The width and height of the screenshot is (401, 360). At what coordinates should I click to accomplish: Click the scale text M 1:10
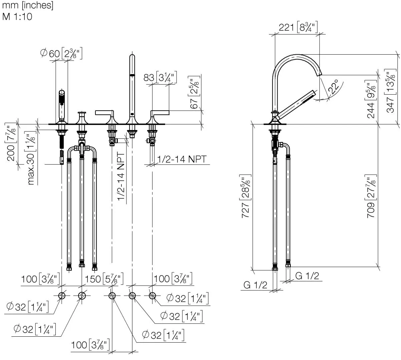pos(17,17)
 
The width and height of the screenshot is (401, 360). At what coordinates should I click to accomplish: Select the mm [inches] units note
pos(28,5)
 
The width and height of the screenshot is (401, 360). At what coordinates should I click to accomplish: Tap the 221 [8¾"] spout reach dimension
pos(298,27)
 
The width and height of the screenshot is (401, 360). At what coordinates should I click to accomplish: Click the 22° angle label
pos(334,86)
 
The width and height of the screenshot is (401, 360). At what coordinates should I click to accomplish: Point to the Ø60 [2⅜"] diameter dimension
pos(61,53)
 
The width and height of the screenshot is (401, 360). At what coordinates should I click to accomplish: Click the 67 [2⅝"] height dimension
pos(194,92)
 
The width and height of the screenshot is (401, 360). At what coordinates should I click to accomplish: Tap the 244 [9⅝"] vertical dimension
pos(371,99)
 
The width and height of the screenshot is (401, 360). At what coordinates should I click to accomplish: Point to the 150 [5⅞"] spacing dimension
pos(104,279)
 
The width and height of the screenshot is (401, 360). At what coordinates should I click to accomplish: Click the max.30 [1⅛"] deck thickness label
pos(31,158)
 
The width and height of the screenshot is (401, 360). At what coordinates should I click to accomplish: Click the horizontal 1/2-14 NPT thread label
pos(182,159)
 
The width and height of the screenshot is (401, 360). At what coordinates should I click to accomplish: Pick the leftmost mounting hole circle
pos(62,296)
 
